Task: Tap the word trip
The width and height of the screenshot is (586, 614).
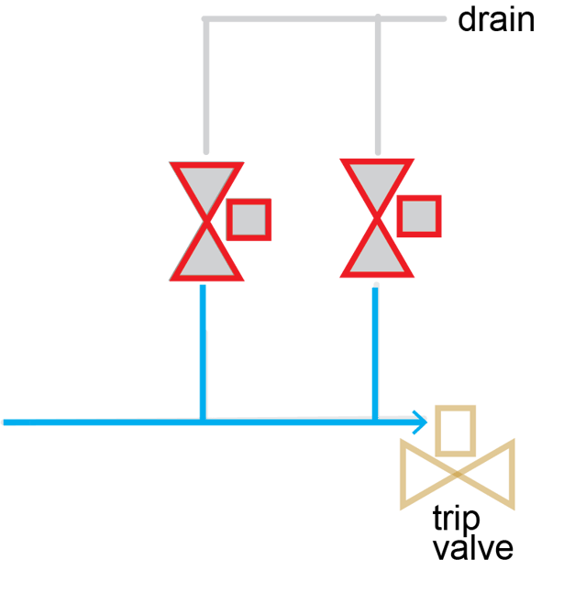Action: point(456,520)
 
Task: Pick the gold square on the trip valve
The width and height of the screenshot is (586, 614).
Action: point(455,430)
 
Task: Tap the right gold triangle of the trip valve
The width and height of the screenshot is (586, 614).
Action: point(495,475)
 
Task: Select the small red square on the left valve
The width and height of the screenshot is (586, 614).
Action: point(248,219)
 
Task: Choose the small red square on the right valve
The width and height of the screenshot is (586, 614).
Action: point(418,216)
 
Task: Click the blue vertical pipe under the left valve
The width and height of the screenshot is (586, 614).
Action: point(204,348)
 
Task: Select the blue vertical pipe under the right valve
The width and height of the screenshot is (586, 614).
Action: point(376,348)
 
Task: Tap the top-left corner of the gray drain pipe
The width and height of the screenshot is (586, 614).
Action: point(206,19)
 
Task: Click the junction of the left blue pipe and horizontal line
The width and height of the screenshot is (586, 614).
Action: point(204,422)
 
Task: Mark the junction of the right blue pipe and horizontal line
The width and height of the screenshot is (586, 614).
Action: point(376,422)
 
